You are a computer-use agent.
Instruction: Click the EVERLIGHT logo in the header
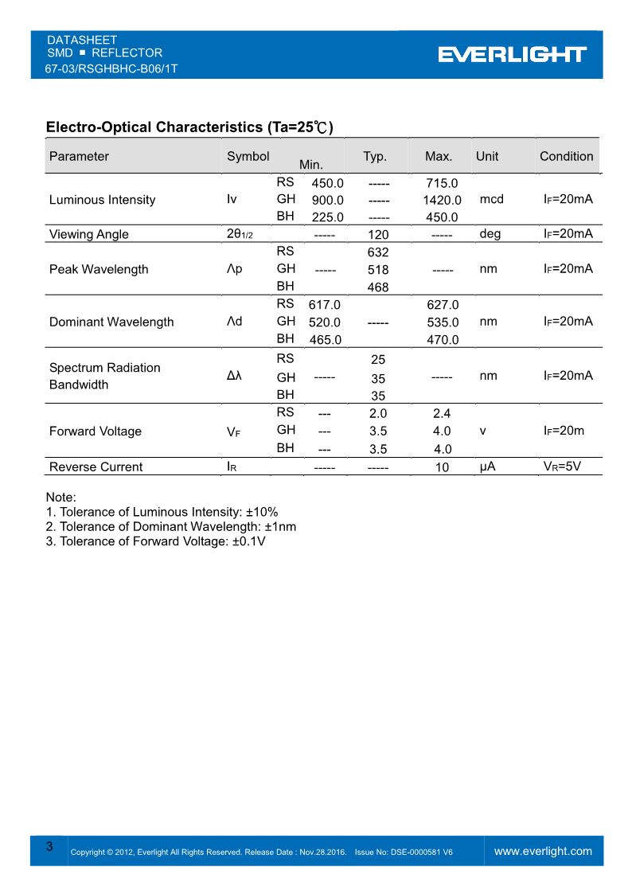point(512,54)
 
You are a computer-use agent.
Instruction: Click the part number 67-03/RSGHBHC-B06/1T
point(111,68)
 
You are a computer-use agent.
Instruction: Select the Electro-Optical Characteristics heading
point(189,127)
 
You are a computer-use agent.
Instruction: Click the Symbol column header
point(248,156)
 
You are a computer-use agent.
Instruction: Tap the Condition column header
point(566,156)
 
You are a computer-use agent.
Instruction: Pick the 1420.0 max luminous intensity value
point(442,201)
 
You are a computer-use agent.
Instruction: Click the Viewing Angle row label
point(88,234)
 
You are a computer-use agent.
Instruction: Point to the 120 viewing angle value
point(378,235)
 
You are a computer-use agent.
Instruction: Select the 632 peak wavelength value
point(378,252)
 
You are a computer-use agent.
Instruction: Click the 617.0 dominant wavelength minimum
point(325,305)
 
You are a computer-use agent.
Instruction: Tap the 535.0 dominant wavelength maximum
point(443,322)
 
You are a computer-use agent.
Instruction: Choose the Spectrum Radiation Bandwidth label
point(104,376)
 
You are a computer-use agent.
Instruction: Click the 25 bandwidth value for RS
point(378,360)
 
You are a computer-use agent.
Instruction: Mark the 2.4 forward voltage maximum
point(442,413)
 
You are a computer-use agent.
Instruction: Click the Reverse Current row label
point(96,467)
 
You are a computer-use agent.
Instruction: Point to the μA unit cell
point(487,467)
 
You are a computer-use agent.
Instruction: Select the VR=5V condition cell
point(562,467)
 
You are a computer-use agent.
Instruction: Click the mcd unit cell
point(492,199)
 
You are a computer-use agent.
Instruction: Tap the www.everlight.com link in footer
point(543,851)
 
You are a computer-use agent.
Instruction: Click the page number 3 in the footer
point(49,846)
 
